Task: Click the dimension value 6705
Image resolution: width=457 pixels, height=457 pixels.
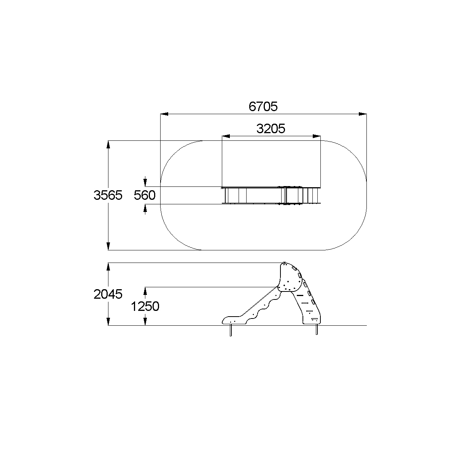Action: coord(263,107)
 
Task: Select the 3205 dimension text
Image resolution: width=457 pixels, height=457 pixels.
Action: coord(271,129)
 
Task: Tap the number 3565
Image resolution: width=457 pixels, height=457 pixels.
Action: coord(108,195)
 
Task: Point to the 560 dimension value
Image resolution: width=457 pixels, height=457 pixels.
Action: coord(145,195)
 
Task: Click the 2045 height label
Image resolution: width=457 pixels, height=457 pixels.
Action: coord(108,294)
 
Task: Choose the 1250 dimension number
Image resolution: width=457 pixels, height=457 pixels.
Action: coord(145,306)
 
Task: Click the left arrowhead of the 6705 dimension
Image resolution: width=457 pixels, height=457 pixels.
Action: coord(164,114)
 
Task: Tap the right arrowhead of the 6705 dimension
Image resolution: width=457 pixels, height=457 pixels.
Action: coord(363,114)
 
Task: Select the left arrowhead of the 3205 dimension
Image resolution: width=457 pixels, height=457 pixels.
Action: coord(226,136)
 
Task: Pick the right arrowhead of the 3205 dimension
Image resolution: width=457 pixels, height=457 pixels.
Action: coord(317,136)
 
